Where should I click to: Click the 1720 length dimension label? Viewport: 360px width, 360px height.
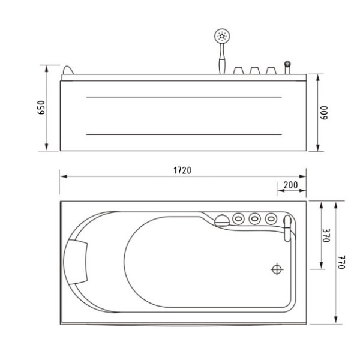point(182,170)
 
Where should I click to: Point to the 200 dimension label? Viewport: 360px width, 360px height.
point(291,185)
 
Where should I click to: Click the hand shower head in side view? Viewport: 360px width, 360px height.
point(222,37)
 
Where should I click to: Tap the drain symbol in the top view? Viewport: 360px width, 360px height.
point(277,269)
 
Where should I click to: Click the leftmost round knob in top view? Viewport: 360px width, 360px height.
point(239,218)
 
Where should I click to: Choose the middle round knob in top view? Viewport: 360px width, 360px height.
point(255,218)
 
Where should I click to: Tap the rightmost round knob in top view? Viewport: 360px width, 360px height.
point(271,218)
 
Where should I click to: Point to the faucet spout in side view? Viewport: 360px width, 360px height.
point(287,64)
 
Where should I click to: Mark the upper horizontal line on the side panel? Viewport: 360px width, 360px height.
point(184,97)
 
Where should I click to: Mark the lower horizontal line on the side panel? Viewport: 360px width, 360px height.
point(184,134)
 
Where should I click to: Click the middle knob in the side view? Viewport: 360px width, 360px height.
point(254,70)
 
